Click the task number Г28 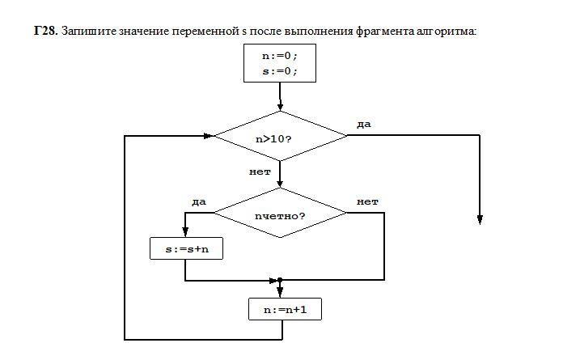click(45, 32)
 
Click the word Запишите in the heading click(84, 32)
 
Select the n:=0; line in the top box click(279, 57)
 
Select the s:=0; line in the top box click(279, 70)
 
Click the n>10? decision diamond click(279, 137)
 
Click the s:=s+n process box click(186, 248)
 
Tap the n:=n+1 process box click(280, 309)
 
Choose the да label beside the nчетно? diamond click(199, 201)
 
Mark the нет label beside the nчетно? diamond click(368, 201)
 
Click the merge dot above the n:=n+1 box click(280, 280)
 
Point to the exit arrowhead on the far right click(481, 218)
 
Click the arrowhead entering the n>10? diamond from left click(208, 136)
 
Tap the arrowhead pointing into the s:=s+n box click(186, 231)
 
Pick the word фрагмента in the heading click(392, 32)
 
